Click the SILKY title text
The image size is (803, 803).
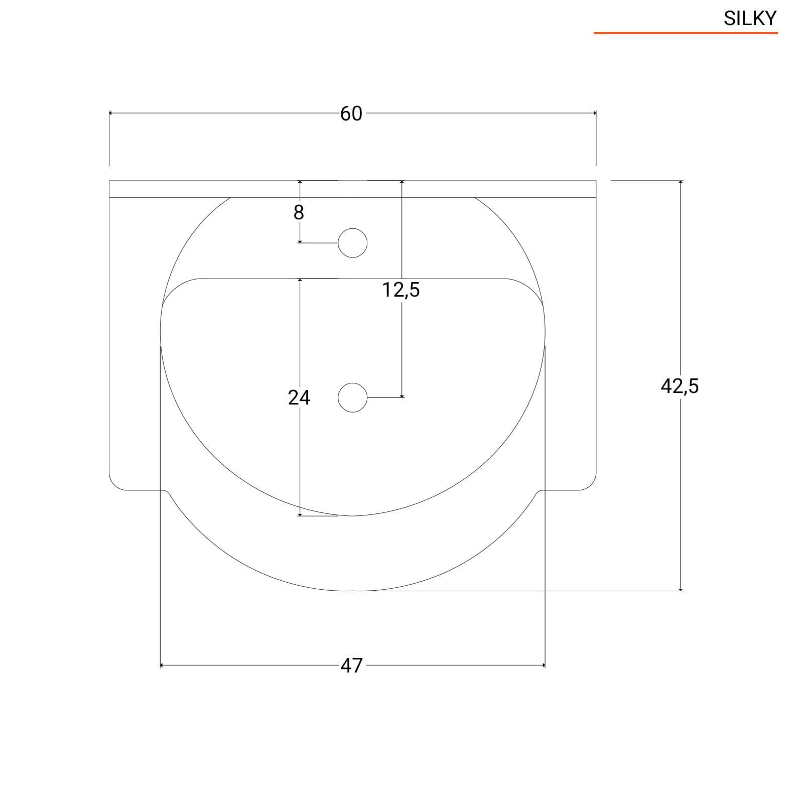pyautogui.click(x=750, y=19)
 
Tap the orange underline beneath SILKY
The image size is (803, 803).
pyautogui.click(x=686, y=33)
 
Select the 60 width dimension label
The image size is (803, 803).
pyautogui.click(x=351, y=114)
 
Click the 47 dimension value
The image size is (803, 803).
pyautogui.click(x=351, y=665)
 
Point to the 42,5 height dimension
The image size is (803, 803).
pyautogui.click(x=680, y=386)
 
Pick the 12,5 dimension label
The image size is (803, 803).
pyautogui.click(x=401, y=290)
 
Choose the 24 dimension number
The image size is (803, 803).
pyautogui.click(x=299, y=397)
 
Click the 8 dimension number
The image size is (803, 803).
pyautogui.click(x=299, y=213)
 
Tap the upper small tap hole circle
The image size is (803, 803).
pyautogui.click(x=353, y=243)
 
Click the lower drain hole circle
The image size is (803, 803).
pyautogui.click(x=353, y=397)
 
